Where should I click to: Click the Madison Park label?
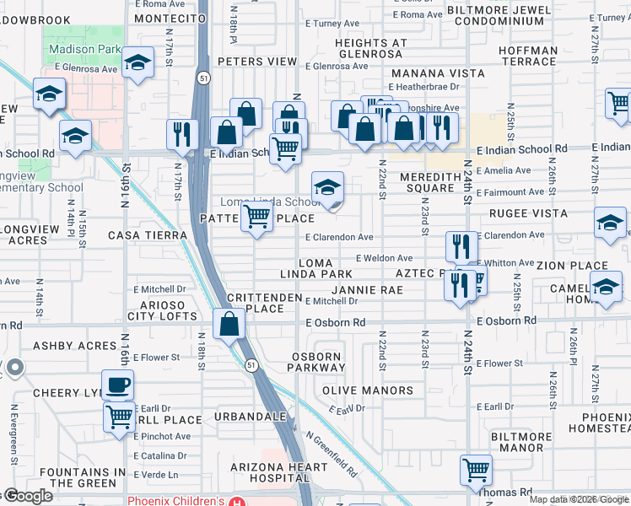(x=84, y=49)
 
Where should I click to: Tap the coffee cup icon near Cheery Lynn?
(x=118, y=385)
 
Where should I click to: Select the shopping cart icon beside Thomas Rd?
(x=477, y=470)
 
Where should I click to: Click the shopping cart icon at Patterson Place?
(x=257, y=217)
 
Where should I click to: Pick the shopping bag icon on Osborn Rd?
(x=229, y=323)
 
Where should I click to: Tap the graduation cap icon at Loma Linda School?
(x=327, y=187)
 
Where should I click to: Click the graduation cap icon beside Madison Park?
(x=137, y=62)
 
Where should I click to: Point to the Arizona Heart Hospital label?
(x=279, y=475)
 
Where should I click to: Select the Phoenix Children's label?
(x=175, y=500)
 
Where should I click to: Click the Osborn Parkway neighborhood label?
(x=319, y=361)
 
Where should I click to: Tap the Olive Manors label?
(x=368, y=390)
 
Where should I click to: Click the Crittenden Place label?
(x=264, y=303)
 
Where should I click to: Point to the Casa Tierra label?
(x=146, y=234)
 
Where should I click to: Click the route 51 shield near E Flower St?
(x=251, y=364)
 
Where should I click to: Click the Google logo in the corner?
(x=28, y=496)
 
